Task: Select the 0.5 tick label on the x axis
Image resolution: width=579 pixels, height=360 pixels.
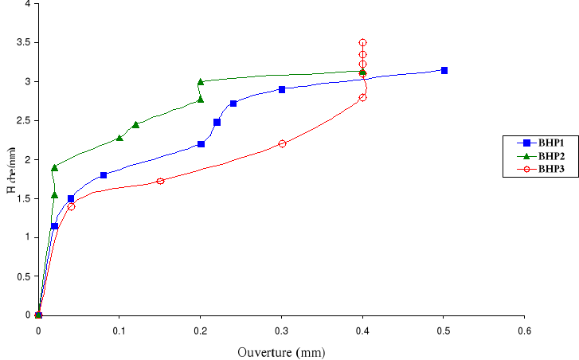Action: pos(444,330)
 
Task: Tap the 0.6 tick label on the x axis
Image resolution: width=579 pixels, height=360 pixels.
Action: pos(525,330)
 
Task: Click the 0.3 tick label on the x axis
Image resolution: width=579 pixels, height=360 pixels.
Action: pos(281,330)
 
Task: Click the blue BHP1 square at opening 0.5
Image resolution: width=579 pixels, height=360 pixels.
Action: pos(444,70)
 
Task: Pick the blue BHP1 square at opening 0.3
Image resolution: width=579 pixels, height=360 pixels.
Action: pos(282,89)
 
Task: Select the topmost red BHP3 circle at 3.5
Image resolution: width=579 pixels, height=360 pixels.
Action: pos(362,42)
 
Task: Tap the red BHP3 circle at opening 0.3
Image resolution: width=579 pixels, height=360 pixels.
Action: pos(282,143)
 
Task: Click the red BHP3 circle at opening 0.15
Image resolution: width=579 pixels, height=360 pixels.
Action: pos(160,181)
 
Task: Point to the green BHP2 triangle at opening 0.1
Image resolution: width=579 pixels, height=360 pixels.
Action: pos(119,138)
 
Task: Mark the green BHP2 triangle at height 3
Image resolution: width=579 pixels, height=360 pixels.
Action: pos(201,81)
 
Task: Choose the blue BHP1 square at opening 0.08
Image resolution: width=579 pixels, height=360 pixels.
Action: pos(104,174)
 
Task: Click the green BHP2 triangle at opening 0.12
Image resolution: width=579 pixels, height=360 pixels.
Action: pos(135,124)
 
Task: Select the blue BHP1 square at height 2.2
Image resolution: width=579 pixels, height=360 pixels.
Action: pos(201,144)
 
